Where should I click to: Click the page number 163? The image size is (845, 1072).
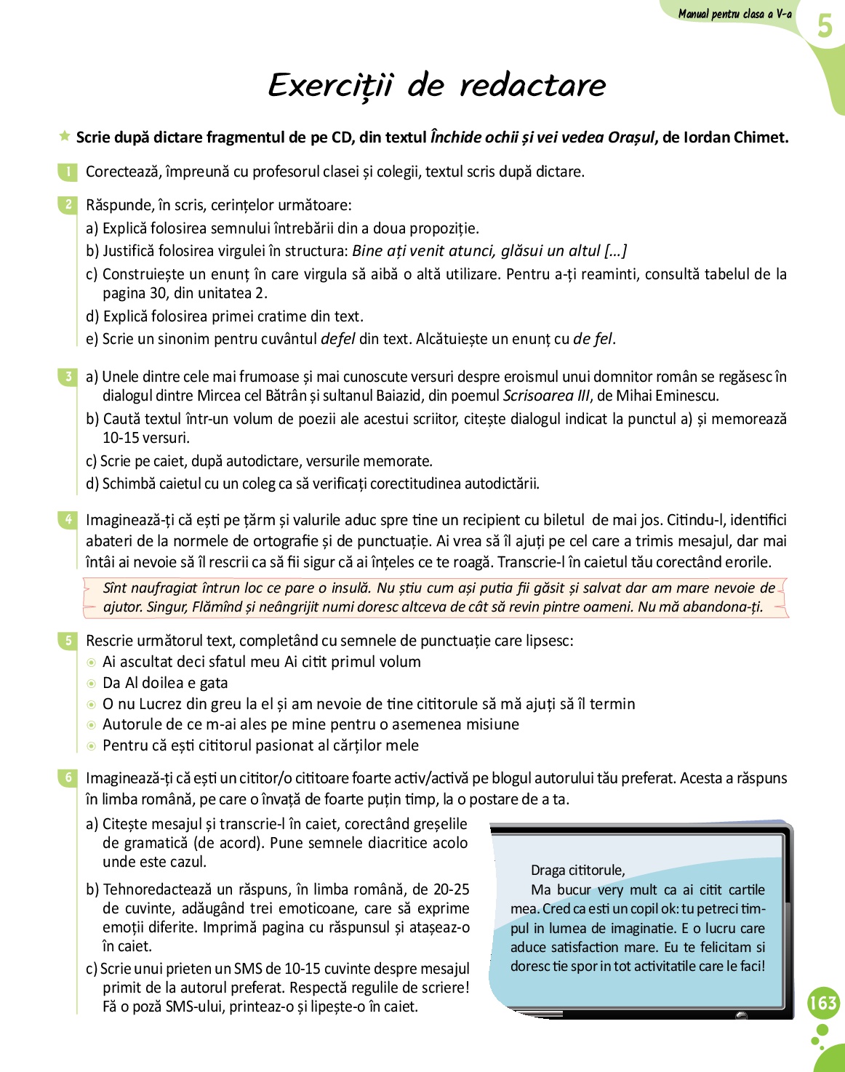pyautogui.click(x=823, y=1003)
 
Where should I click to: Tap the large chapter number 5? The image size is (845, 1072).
pyautogui.click(x=824, y=26)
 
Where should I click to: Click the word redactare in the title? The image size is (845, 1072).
pyautogui.click(x=532, y=86)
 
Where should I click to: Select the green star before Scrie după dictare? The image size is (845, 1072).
pyautogui.click(x=65, y=136)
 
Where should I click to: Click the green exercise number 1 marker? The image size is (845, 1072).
pyautogui.click(x=67, y=172)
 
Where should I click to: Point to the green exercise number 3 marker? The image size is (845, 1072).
pyautogui.click(x=67, y=377)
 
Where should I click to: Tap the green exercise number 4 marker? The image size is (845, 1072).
pyautogui.click(x=67, y=520)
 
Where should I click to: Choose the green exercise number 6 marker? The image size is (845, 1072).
pyautogui.click(x=67, y=778)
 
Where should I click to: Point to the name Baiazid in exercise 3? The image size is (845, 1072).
pyautogui.click(x=399, y=396)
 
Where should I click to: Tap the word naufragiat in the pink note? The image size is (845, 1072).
pyautogui.click(x=164, y=588)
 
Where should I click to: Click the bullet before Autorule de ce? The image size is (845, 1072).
pyautogui.click(x=91, y=725)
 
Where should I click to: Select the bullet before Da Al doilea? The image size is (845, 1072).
pyautogui.click(x=91, y=684)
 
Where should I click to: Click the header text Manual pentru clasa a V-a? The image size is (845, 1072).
pyautogui.click(x=734, y=14)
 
